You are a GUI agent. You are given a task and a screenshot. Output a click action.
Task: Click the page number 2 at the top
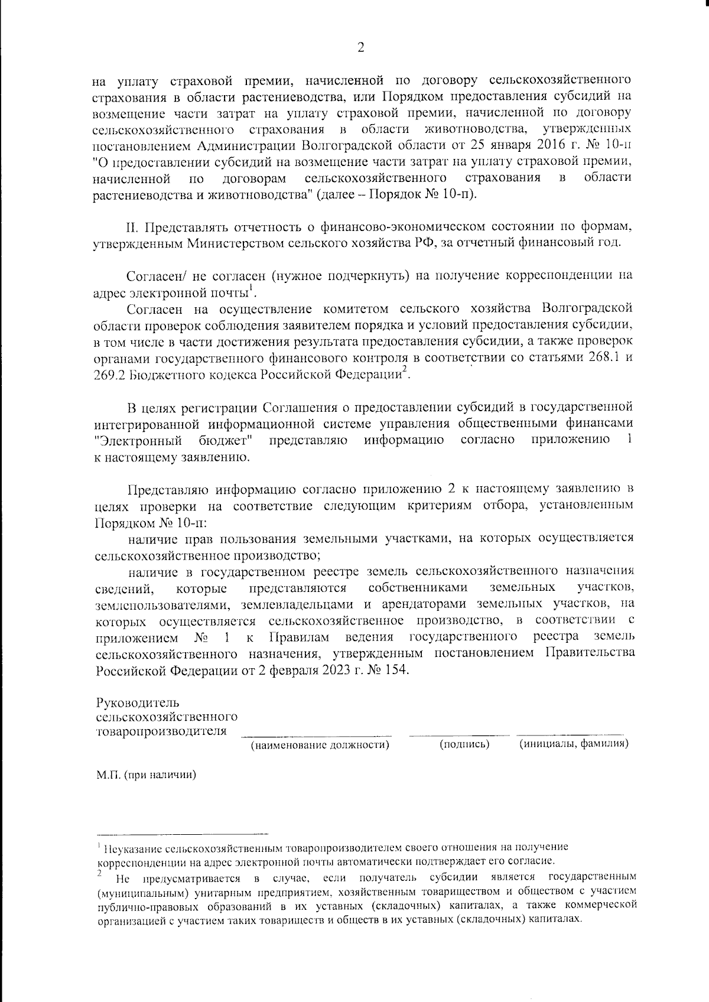360,48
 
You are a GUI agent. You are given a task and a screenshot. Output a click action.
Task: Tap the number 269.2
109,375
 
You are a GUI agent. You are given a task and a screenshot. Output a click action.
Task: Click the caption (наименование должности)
320,744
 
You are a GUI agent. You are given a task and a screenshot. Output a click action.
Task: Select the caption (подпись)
465,744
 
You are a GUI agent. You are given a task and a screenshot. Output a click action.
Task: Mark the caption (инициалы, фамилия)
573,744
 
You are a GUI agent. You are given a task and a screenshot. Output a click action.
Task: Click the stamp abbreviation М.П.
108,775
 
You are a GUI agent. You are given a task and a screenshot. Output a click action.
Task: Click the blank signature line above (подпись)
459,734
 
